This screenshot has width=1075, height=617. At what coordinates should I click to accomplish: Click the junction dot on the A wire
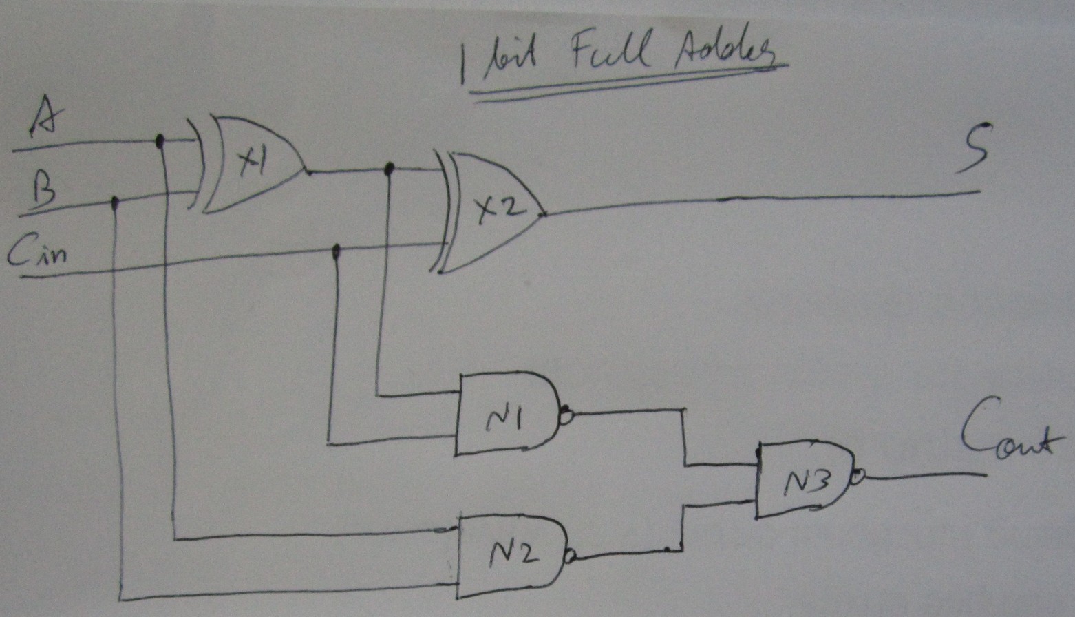160,141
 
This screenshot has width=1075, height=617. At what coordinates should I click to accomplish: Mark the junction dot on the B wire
115,202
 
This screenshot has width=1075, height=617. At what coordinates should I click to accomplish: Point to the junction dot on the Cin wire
336,251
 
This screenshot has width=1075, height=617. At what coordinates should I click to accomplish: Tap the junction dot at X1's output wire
389,167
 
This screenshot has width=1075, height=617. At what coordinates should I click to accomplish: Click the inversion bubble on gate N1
566,415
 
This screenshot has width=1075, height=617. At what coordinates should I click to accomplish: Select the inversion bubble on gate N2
568,557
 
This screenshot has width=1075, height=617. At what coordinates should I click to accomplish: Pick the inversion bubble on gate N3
858,476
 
